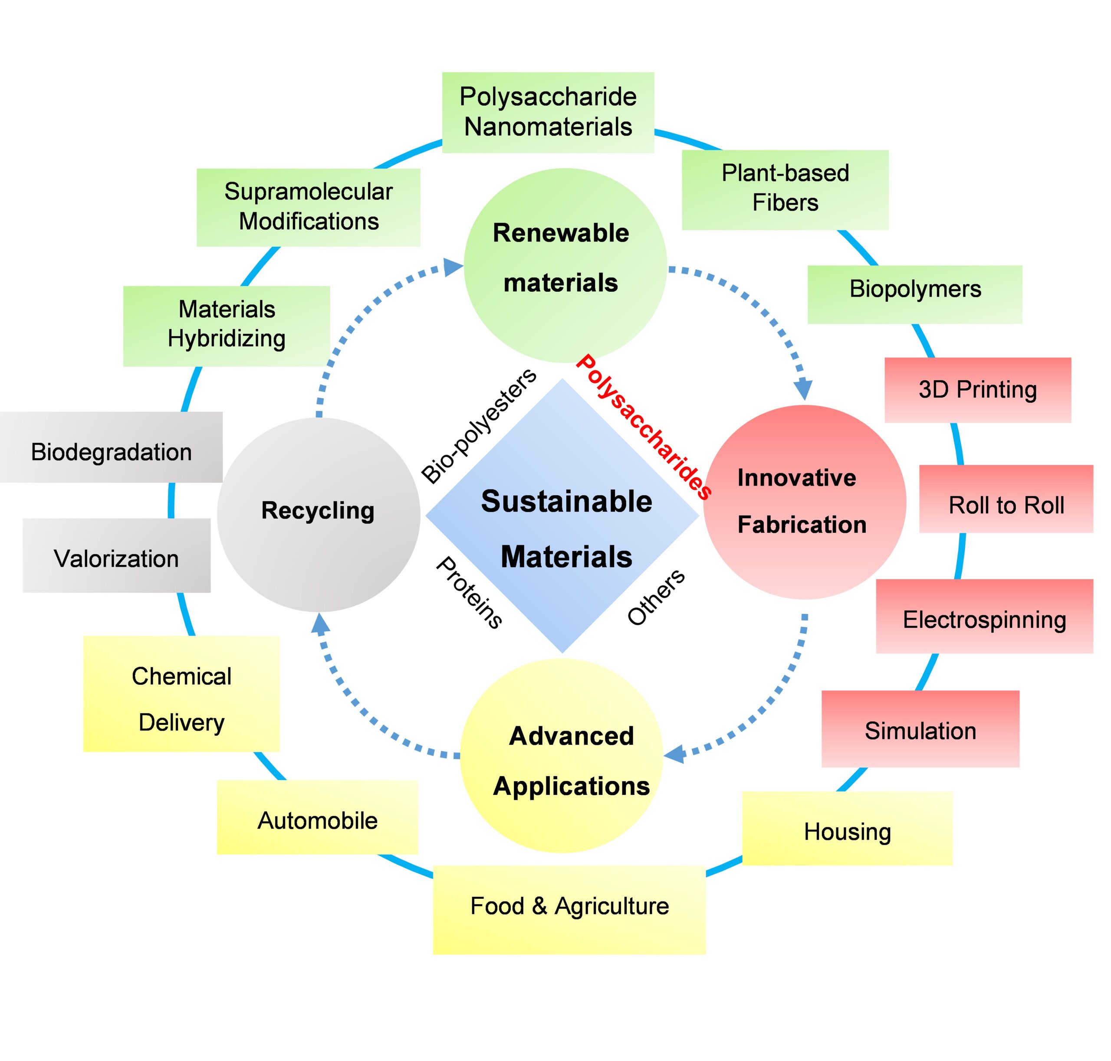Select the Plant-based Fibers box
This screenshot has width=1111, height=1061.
point(785,189)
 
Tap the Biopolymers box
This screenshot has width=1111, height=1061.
point(914,294)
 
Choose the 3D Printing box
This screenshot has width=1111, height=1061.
point(977,390)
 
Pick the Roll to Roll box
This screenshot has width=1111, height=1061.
point(1005,498)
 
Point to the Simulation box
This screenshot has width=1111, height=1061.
point(920,728)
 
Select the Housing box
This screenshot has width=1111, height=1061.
point(847,828)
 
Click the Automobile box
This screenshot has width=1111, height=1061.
point(317,817)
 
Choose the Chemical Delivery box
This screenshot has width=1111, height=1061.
point(181,693)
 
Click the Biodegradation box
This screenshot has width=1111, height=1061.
point(111,447)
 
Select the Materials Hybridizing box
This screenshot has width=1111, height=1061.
point(227,326)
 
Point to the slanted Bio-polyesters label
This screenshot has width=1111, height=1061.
point(479,425)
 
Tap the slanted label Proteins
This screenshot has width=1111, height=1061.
point(469,592)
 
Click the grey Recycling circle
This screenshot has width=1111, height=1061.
point(318,514)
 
